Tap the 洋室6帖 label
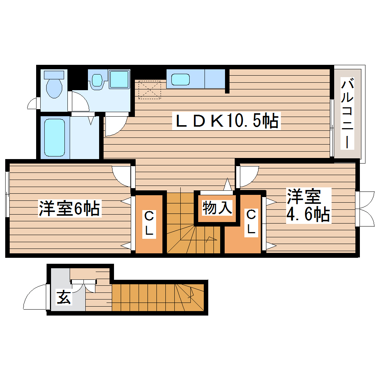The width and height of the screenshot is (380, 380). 69,209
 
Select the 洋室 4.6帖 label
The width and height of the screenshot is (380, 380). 308,205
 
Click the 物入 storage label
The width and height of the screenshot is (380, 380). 217,208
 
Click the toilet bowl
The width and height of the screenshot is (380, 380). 54,86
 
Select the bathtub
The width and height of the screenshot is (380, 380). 54,137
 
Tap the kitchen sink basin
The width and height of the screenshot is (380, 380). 180,79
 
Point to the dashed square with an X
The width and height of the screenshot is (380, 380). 150,90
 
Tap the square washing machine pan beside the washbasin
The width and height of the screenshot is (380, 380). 119,79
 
